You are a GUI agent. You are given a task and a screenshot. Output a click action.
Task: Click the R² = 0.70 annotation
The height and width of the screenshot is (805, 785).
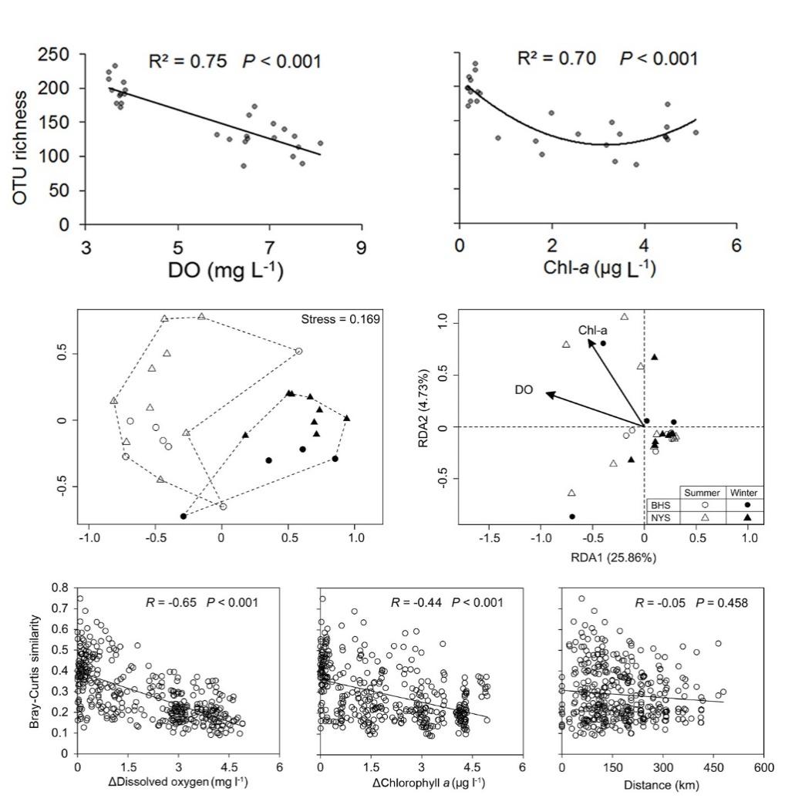[557, 59]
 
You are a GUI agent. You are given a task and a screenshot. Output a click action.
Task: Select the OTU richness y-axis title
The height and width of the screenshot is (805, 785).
[22, 147]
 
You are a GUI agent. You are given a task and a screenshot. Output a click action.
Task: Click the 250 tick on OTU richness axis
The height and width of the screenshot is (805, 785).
[56, 55]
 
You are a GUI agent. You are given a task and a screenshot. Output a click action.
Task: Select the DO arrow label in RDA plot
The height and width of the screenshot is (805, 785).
[524, 391]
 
